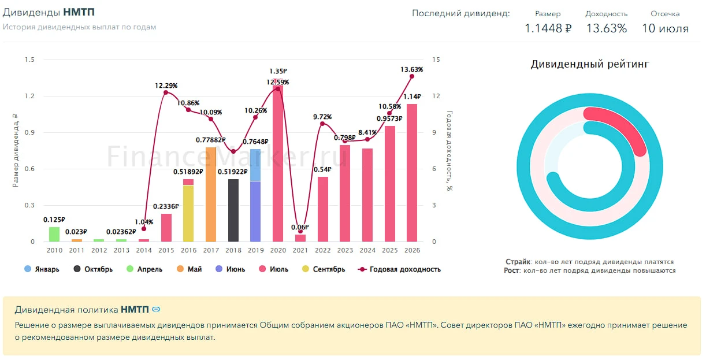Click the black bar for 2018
[x=233, y=210]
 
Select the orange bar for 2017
[x=211, y=195]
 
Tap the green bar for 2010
[x=54, y=234]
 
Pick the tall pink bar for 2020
[x=278, y=160]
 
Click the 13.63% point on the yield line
[x=411, y=76]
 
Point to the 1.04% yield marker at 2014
[x=144, y=229]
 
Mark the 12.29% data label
[x=166, y=86]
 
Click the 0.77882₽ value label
[x=210, y=140]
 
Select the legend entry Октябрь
[x=93, y=269]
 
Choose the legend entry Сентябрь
[x=324, y=269]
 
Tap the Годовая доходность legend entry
[x=399, y=269]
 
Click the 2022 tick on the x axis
[x=323, y=250]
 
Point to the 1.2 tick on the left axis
[x=29, y=96]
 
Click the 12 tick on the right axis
[x=436, y=96]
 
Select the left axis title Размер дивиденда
[x=15, y=150]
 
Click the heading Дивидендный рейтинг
[x=590, y=64]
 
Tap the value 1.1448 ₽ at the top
[x=548, y=28]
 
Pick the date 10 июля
[x=666, y=28]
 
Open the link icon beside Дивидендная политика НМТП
[x=156, y=309]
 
